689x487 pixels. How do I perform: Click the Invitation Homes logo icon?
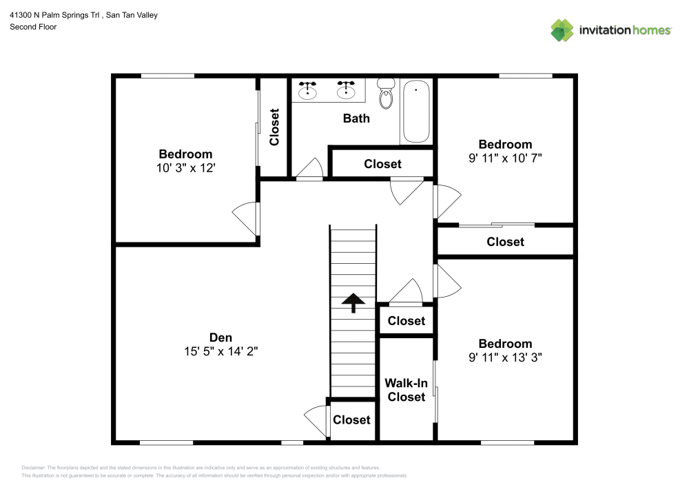562,30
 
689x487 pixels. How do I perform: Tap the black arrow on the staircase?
353,302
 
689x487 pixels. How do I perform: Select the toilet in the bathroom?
387,95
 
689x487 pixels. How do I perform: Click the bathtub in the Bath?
416,111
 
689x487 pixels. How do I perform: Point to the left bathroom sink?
308,89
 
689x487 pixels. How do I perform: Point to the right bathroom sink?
345,89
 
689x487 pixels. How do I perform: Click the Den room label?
220,338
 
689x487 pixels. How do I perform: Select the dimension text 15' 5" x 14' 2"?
220,351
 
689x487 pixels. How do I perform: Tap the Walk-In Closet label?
406,390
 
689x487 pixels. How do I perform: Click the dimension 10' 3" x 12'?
185,167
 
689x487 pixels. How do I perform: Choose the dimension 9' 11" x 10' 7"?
505,158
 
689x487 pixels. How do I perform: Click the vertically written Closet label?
274,127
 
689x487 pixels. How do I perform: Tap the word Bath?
356,118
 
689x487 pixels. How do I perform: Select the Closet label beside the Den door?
351,419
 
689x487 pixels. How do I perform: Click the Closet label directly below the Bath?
382,164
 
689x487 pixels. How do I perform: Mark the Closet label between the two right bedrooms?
505,242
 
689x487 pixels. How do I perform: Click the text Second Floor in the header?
33,27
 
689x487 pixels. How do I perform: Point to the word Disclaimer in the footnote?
34,467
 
